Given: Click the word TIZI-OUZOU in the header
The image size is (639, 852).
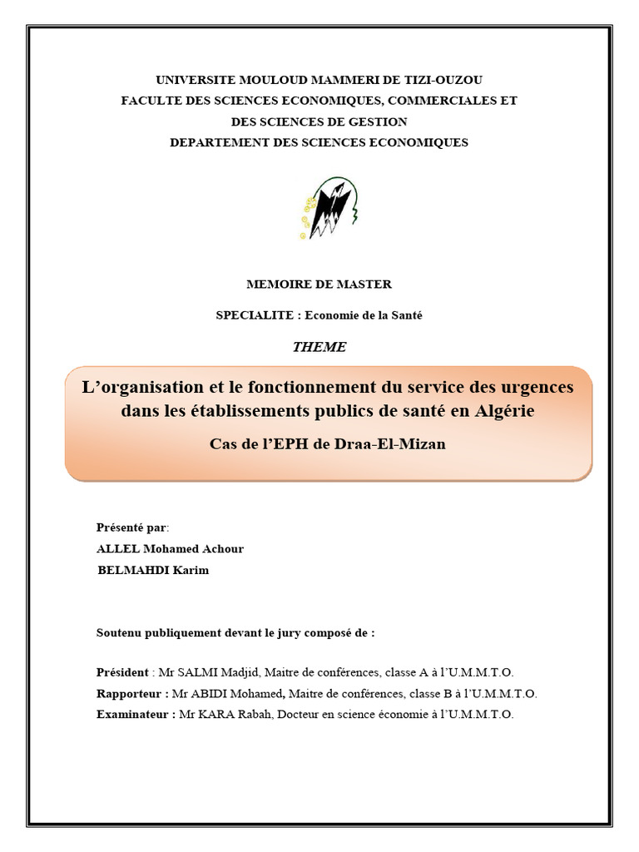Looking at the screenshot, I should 443,80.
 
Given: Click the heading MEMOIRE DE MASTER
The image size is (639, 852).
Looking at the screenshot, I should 319,285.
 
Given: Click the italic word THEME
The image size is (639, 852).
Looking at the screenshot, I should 319,347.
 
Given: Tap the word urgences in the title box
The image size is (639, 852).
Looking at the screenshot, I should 533,388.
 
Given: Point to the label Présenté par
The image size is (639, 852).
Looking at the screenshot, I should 132,528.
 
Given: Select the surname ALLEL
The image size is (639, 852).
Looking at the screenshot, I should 118,549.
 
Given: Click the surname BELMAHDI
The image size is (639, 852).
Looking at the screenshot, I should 133,570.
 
